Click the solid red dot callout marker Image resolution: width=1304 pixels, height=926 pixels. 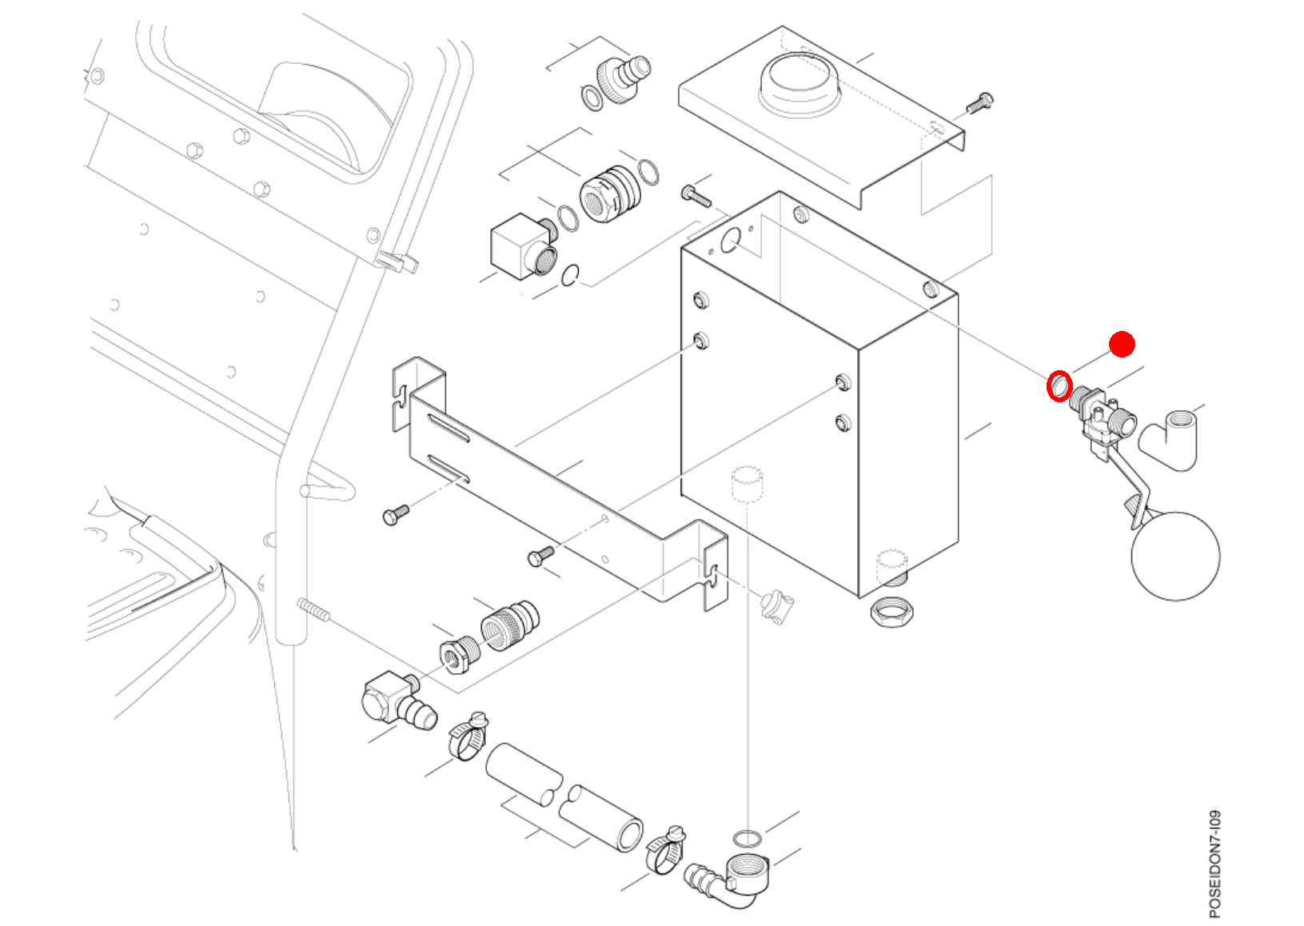[x=1123, y=345]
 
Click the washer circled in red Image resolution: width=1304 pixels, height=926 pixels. [x=1059, y=386]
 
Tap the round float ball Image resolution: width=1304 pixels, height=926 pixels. [x=1175, y=556]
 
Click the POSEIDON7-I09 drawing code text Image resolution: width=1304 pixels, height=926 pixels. [x=1214, y=864]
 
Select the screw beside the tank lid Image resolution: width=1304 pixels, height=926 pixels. [x=979, y=103]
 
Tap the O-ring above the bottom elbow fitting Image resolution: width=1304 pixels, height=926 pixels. [x=747, y=839]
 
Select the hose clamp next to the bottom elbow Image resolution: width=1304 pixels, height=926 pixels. [x=666, y=850]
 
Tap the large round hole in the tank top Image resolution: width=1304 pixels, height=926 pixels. [x=730, y=240]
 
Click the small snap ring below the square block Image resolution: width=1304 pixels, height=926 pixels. [x=570, y=275]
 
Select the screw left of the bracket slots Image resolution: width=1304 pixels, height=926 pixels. [x=396, y=513]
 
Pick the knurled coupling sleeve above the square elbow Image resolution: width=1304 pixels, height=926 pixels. [x=509, y=625]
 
